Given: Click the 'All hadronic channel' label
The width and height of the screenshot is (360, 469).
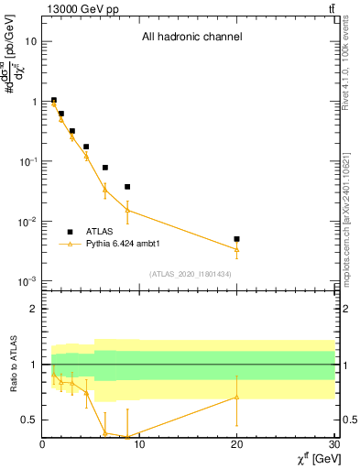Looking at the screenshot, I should click(x=191, y=38).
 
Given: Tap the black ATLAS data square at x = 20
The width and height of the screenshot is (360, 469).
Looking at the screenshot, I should click(x=236, y=239).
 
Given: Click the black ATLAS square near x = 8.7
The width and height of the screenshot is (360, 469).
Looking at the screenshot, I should click(x=127, y=187).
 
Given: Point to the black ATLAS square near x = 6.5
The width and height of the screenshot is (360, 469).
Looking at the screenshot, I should click(x=105, y=168).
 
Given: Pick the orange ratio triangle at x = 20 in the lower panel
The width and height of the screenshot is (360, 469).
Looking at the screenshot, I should click(x=236, y=397).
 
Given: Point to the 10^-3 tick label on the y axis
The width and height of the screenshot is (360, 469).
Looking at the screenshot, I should click(x=27, y=281).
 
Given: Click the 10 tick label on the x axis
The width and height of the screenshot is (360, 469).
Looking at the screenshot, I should click(x=139, y=444).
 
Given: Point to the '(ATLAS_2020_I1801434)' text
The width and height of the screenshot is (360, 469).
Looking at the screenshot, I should click(x=191, y=274).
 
